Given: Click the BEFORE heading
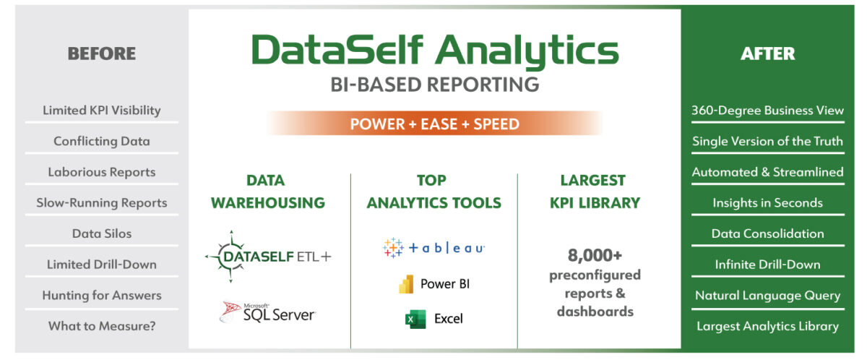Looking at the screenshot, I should pyautogui.click(x=101, y=53).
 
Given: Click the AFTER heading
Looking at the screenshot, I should pyautogui.click(x=767, y=53).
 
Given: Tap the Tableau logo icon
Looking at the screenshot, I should pyautogui.click(x=394, y=248).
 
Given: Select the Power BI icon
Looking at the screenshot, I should pyautogui.click(x=406, y=284).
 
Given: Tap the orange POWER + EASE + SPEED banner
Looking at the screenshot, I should pyautogui.click(x=434, y=124).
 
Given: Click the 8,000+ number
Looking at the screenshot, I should pyautogui.click(x=595, y=256).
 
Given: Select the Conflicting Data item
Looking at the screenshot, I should pyautogui.click(x=101, y=141).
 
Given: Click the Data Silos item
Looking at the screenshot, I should pyautogui.click(x=101, y=233).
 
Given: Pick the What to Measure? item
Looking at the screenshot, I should pyautogui.click(x=101, y=326).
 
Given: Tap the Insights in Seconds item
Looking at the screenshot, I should pyautogui.click(x=767, y=202).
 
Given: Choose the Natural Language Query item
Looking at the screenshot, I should pyautogui.click(x=767, y=295).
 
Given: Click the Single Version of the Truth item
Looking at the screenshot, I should pyautogui.click(x=767, y=141).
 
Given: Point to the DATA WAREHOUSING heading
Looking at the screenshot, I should pyautogui.click(x=268, y=192).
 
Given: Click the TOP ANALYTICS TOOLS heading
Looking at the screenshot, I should pyautogui.click(x=433, y=192).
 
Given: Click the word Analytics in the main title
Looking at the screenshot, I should pyautogui.click(x=527, y=51).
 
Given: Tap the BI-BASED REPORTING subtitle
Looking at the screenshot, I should pyautogui.click(x=434, y=84).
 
